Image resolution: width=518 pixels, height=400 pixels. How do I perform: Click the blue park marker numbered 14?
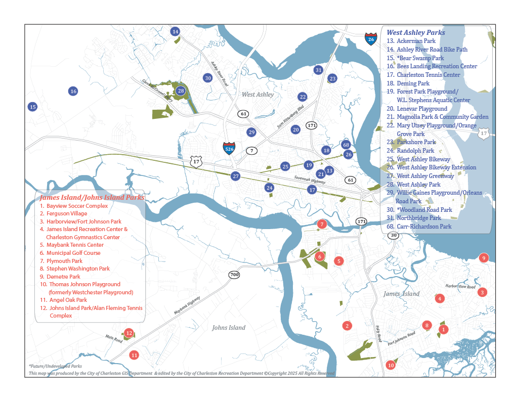[175, 31]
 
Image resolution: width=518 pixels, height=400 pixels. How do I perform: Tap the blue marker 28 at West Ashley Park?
[181, 91]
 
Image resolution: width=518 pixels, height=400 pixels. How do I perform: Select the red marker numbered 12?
[129, 333]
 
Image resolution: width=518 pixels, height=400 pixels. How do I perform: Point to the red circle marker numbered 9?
[484, 258]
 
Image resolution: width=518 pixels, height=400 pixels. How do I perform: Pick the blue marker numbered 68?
[346, 145]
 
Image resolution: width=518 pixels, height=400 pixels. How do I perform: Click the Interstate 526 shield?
[229, 148]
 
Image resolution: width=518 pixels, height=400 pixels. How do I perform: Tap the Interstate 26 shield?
[371, 38]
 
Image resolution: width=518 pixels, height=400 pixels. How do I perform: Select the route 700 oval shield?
[234, 275]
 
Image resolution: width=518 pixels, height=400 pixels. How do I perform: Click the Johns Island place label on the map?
[229, 328]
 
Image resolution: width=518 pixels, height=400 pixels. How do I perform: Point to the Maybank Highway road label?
[187, 305]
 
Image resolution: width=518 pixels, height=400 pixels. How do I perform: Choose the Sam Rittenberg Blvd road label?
[290, 116]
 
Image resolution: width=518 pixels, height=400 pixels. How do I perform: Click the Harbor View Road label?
[460, 286]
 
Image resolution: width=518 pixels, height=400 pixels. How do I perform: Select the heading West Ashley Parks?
[416, 32]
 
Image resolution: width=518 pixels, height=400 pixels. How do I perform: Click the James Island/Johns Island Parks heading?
[92, 198]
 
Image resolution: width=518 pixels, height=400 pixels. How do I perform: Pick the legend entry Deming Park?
[413, 83]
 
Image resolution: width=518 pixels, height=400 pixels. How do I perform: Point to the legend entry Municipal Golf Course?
[73, 253]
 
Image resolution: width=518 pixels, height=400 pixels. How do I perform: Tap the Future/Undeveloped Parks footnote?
[55, 366]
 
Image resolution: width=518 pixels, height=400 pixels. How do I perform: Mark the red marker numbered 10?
[391, 365]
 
